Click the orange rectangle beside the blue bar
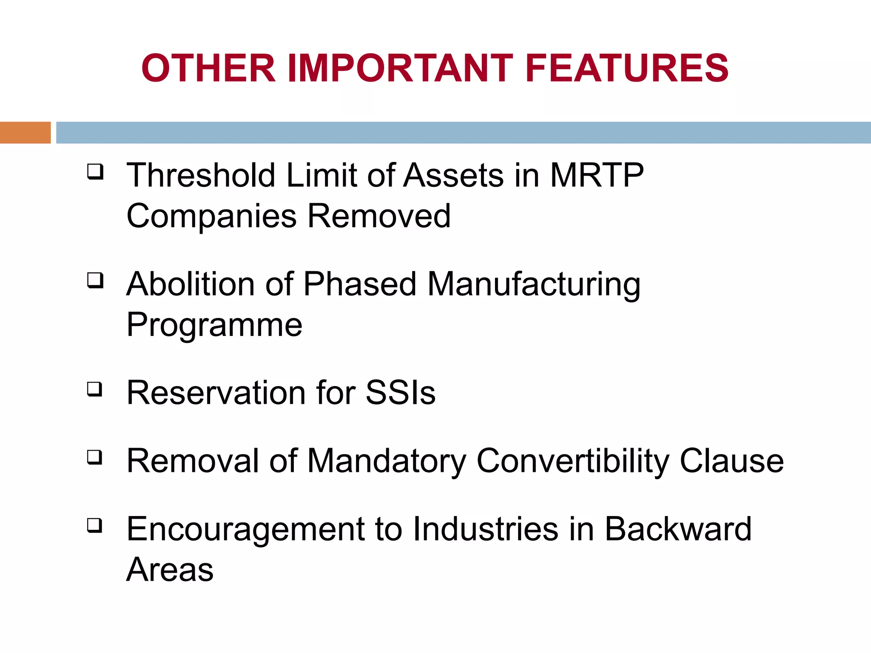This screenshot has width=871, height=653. coord(25,133)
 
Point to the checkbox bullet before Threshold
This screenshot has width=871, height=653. coord(95,172)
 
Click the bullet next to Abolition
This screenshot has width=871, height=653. coord(95,281)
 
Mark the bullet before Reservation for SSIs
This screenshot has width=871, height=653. coord(95,389)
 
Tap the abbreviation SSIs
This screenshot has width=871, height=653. coord(400,392)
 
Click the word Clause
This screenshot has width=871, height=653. coord(732,461)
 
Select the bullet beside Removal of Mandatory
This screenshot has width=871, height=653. coord(95,457)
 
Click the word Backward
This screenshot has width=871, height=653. coord(678,529)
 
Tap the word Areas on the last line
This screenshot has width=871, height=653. coord(170,570)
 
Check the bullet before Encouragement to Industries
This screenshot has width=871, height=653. coord(95,525)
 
